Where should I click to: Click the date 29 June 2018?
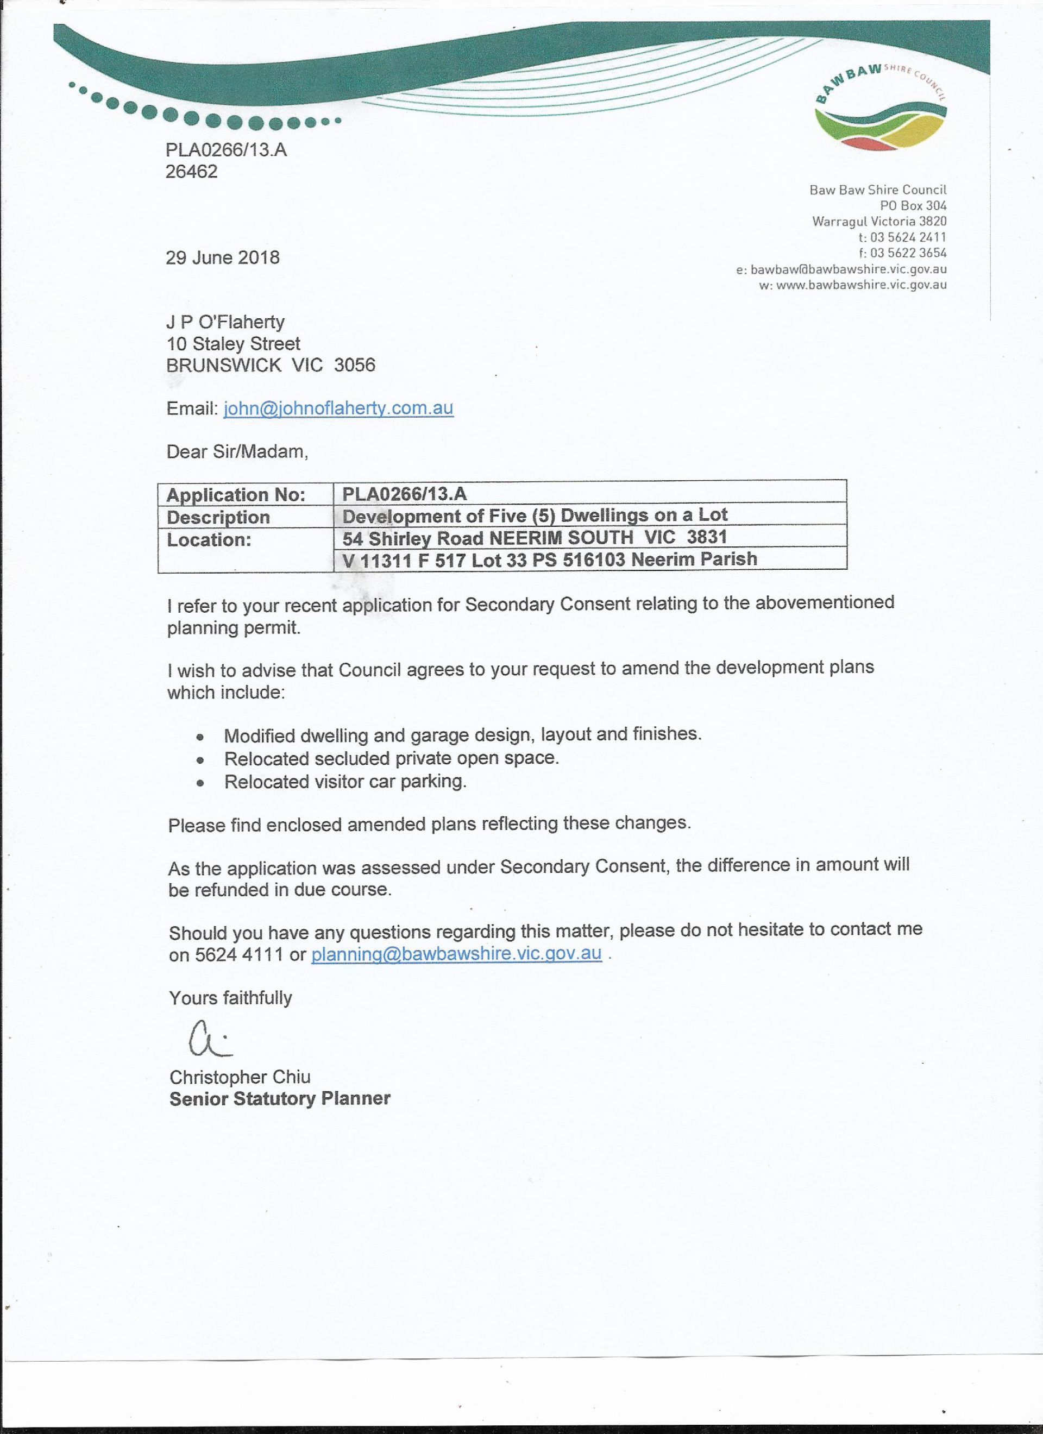tap(223, 257)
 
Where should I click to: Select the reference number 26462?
tap(191, 171)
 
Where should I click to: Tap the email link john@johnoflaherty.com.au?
tap(338, 408)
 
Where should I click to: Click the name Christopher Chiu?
tap(240, 1077)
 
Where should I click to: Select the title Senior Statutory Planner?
tap(280, 1099)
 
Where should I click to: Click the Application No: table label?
tap(236, 494)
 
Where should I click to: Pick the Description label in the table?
tap(218, 517)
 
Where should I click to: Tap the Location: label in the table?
tap(209, 540)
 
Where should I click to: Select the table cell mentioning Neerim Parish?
tap(549, 559)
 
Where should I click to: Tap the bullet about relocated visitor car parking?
tap(345, 782)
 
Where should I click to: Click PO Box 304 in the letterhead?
tap(913, 205)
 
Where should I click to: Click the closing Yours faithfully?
tap(230, 998)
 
